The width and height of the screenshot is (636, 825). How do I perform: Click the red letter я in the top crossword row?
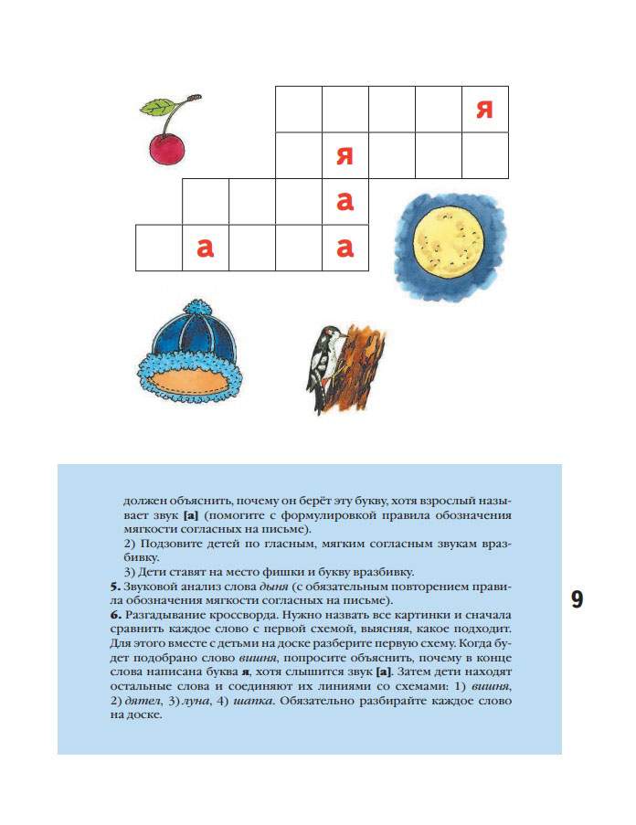tap(484, 111)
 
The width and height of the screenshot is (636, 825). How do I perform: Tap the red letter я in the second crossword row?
tap(344, 155)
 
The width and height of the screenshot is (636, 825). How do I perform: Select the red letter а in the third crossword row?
tap(344, 202)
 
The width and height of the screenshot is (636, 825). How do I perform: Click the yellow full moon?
tap(447, 244)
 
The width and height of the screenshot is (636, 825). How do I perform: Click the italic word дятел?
tap(142, 699)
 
